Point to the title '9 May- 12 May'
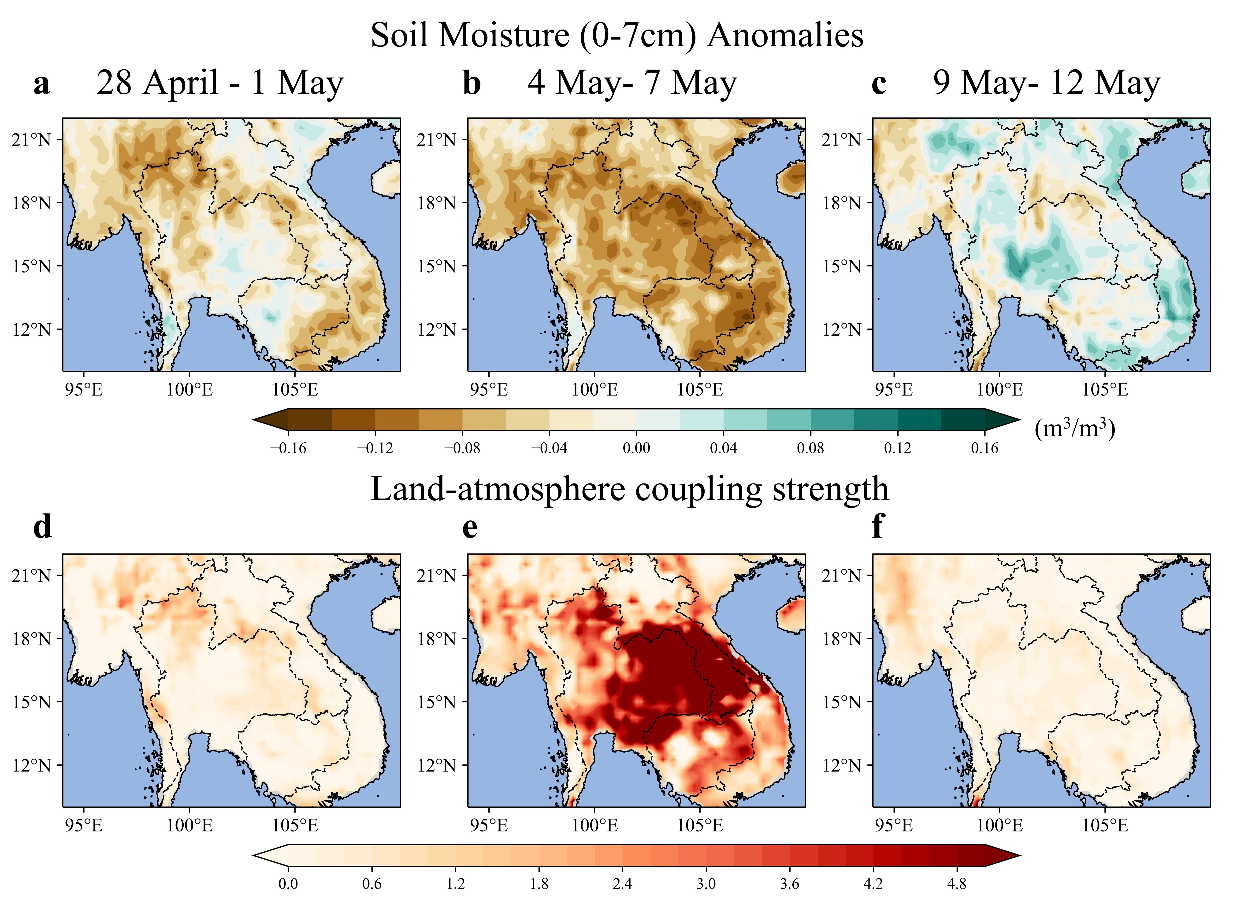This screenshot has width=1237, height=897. pyautogui.click(x=1046, y=83)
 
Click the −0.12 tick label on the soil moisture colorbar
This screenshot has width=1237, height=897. pyautogui.click(x=375, y=448)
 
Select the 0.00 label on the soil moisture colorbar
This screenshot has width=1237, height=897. pyautogui.click(x=636, y=448)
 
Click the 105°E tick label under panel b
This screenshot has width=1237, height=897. pyautogui.click(x=700, y=390)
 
